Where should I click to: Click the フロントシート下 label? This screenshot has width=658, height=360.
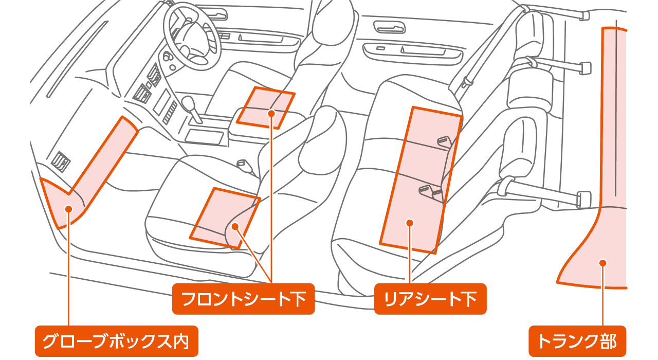(x=243, y=299)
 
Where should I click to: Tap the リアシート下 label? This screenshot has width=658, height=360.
(x=430, y=299)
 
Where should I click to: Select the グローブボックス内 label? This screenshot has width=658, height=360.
(x=116, y=341)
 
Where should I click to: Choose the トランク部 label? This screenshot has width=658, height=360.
(x=577, y=341)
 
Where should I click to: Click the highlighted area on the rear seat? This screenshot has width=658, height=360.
(x=419, y=180)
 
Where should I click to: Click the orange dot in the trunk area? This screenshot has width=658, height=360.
(x=603, y=263)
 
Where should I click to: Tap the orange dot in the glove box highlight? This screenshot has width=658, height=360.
(x=68, y=208)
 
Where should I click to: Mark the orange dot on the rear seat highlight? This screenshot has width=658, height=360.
(x=410, y=223)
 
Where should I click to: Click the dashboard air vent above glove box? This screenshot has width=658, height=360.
(x=61, y=160)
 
